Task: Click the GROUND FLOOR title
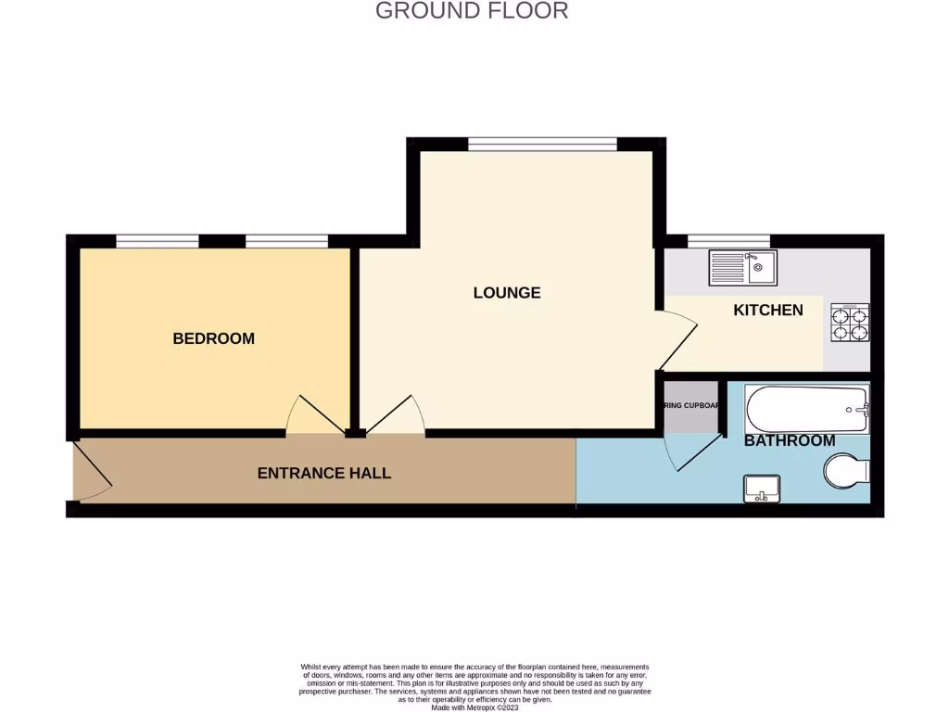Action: coord(472,11)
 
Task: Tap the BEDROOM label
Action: coord(213,338)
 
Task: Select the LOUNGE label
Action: coord(506,293)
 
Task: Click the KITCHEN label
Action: coord(768,310)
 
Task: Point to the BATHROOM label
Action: coord(790,440)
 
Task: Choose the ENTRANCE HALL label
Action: coord(323,473)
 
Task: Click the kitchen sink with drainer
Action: coord(743,268)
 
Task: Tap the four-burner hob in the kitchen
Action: coord(850,323)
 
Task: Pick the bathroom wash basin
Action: coord(762,488)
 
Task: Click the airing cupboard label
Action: coord(691,406)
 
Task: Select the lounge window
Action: coord(542,144)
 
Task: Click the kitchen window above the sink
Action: coord(728,241)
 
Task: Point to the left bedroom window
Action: coord(157,242)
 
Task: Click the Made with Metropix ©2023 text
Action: coord(474,706)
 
